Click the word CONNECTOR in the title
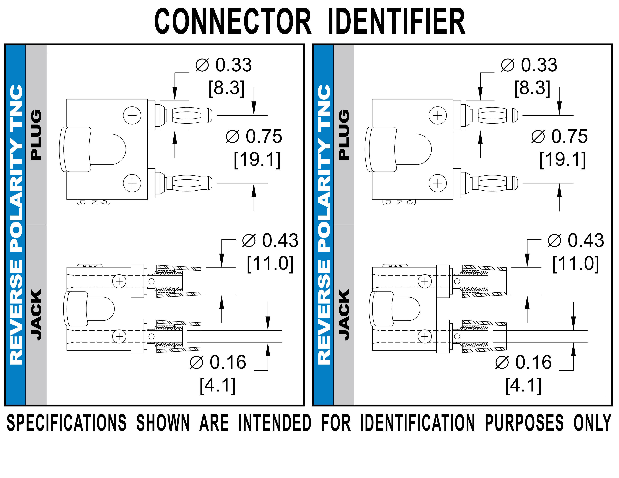(x=233, y=22)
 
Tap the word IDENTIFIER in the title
(x=396, y=22)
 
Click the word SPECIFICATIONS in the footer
(x=66, y=423)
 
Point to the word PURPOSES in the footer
(x=524, y=423)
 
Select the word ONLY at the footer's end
(x=592, y=423)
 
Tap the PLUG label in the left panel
(x=36, y=135)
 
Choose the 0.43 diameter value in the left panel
(x=280, y=240)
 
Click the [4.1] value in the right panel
(x=523, y=386)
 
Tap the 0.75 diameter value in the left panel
(x=264, y=136)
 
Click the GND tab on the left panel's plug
(x=94, y=202)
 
